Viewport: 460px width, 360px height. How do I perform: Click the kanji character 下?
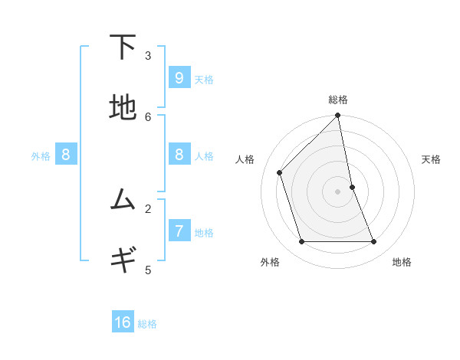coord(123,47)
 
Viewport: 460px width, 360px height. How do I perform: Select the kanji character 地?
coord(123,108)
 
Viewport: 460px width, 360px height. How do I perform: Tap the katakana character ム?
coord(123,200)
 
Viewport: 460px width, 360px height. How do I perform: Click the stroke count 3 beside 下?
coord(148,55)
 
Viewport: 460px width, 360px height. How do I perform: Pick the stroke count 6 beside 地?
coord(148,116)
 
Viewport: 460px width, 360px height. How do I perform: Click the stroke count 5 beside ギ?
coord(148,270)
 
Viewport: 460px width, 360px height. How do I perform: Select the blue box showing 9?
coord(179,78)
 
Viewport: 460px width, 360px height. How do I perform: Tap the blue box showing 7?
coord(179,231)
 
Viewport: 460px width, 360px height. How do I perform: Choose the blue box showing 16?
coord(123,322)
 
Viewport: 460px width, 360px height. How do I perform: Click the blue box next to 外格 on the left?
coord(66,155)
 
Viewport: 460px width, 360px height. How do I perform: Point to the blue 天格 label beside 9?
coord(204,80)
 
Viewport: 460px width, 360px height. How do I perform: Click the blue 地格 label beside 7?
coord(204,233)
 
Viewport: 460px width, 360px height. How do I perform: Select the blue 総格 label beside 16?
coord(147,324)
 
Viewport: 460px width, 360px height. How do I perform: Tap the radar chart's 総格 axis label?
coord(338,100)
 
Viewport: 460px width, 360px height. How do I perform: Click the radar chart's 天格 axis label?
coord(431,159)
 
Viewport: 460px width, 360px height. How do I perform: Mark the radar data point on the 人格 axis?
coord(280,172)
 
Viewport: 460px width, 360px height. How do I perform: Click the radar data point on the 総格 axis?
coord(338,116)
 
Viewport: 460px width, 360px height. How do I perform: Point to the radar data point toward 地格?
coord(374,241)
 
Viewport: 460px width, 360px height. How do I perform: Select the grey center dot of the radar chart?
coord(338,191)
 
